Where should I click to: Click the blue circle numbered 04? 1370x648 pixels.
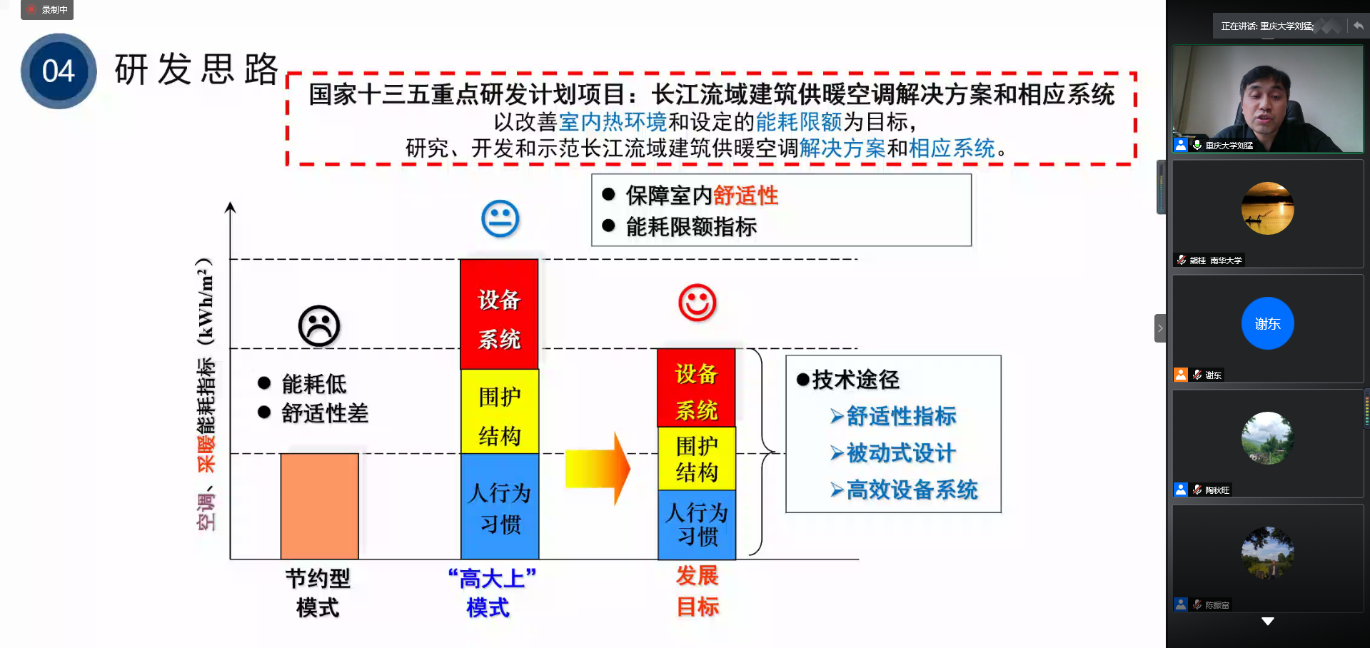59,71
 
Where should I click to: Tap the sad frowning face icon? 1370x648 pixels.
319,326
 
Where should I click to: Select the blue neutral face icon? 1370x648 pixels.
500,218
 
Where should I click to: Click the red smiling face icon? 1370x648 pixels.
697,303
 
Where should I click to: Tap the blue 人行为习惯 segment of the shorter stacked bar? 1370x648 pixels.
696,525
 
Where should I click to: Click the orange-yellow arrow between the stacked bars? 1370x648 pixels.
598,469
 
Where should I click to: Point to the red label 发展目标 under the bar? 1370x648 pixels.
697,591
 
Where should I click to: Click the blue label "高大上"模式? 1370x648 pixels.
491,592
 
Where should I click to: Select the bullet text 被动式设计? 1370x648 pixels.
900,452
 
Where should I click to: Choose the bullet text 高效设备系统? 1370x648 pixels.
912,490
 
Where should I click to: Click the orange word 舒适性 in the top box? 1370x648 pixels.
745,196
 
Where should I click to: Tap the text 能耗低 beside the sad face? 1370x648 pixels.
313,384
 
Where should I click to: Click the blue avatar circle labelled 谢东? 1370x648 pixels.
1267,323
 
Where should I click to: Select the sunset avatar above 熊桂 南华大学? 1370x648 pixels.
1267,208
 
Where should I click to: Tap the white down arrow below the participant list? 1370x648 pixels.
1267,622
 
